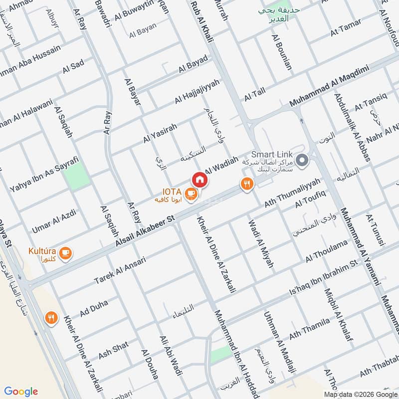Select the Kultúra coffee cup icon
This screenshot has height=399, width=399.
point(65,254)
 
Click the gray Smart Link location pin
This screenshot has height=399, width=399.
point(301,161)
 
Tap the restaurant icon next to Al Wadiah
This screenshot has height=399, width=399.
point(246,185)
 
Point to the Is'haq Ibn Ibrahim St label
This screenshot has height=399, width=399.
point(324,276)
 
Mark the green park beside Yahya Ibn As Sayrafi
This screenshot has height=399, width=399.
point(78,176)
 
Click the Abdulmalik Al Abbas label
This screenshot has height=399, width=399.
point(352,128)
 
